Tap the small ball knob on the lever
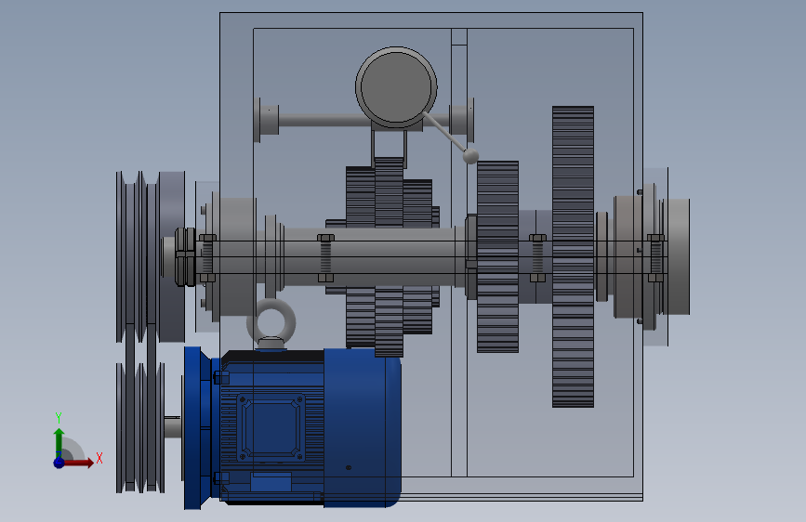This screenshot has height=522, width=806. pos(470,156)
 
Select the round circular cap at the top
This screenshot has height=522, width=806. pos(396,87)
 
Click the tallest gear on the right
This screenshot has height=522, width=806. pos(574,257)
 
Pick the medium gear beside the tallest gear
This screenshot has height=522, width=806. pos(497,257)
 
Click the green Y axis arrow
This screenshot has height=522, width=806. pos(59,443)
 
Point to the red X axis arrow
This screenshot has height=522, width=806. pos(77,463)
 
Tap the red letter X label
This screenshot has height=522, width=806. pos(99,458)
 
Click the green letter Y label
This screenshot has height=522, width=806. pos(59,418)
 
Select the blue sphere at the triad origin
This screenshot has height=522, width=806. pos(59,463)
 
